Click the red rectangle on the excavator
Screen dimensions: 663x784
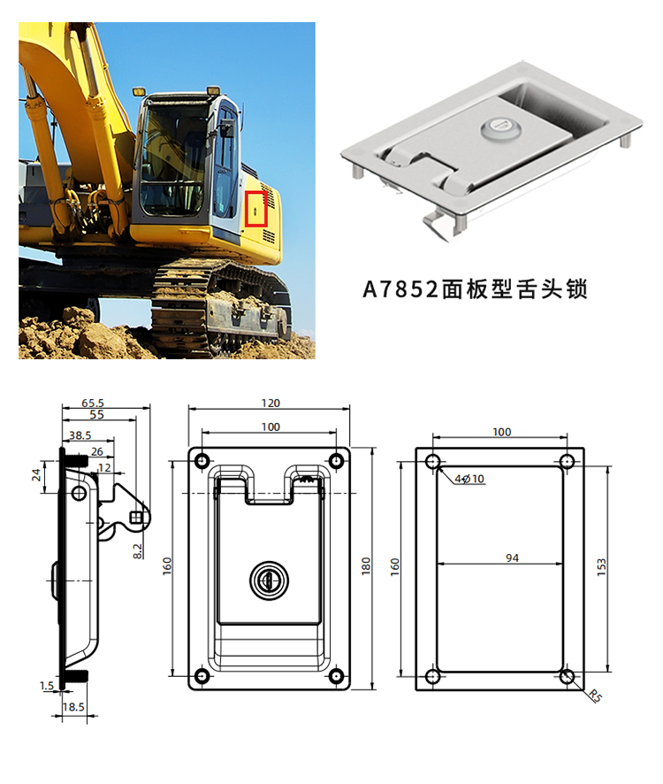(x=255, y=209)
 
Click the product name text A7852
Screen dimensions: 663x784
(x=400, y=289)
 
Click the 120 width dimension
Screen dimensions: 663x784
(x=271, y=403)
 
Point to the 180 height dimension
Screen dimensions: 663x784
(x=366, y=565)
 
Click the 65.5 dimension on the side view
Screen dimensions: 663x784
(x=93, y=403)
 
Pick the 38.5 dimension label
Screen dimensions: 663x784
(x=80, y=435)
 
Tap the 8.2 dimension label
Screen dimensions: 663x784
(x=137, y=551)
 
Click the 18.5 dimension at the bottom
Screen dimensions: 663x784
(x=73, y=706)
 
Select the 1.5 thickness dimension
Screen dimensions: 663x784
(x=47, y=686)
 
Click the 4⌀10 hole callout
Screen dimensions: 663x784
(x=469, y=479)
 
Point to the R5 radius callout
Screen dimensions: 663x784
(x=595, y=696)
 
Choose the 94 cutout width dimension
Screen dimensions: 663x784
(x=512, y=557)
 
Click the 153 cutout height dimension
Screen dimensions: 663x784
(x=601, y=567)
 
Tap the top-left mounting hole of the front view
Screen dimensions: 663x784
(x=202, y=460)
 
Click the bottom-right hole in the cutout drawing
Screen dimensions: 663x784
(x=567, y=677)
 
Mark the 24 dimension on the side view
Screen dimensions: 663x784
(x=36, y=475)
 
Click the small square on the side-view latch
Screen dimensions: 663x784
(x=136, y=517)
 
